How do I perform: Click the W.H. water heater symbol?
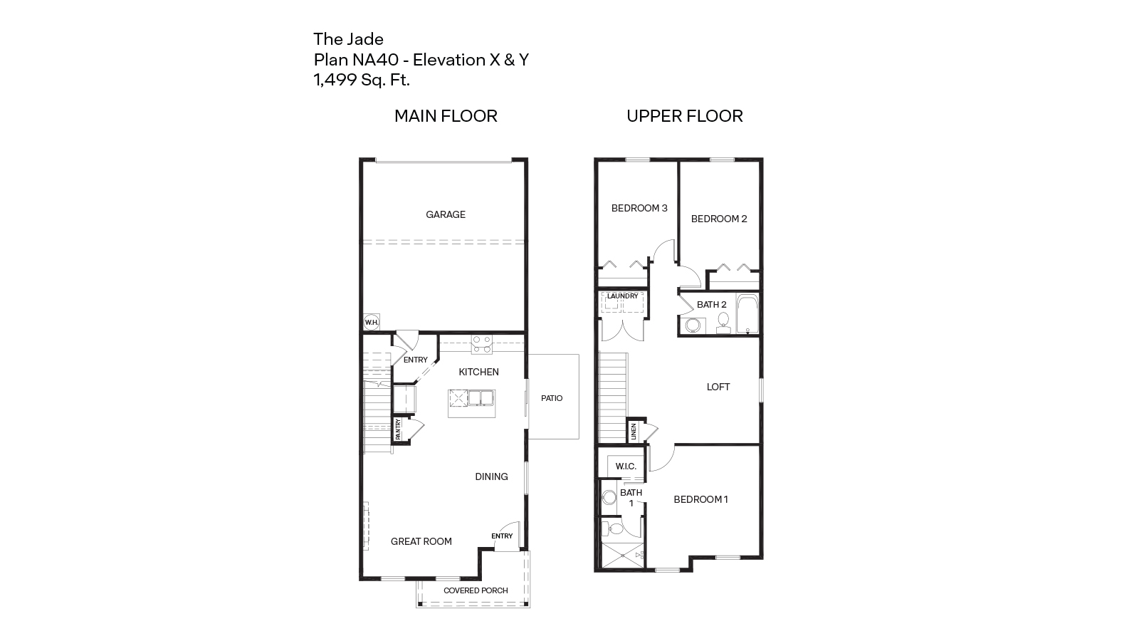(371, 322)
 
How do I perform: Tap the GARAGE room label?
(446, 214)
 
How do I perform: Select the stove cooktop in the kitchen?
(482, 344)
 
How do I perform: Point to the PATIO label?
(552, 398)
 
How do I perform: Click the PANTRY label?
(398, 429)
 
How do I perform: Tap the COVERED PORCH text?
(476, 590)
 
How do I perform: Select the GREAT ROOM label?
(421, 541)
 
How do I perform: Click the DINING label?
(491, 476)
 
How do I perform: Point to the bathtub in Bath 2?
(747, 313)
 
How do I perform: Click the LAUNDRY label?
(622, 296)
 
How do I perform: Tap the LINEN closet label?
(633, 432)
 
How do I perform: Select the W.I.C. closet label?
(626, 466)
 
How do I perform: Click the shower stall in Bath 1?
(622, 555)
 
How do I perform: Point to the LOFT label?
(718, 387)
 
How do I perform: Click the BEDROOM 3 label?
(639, 208)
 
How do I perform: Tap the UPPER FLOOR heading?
(684, 116)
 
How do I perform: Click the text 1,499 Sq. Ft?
(362, 80)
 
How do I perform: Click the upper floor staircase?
(613, 397)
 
